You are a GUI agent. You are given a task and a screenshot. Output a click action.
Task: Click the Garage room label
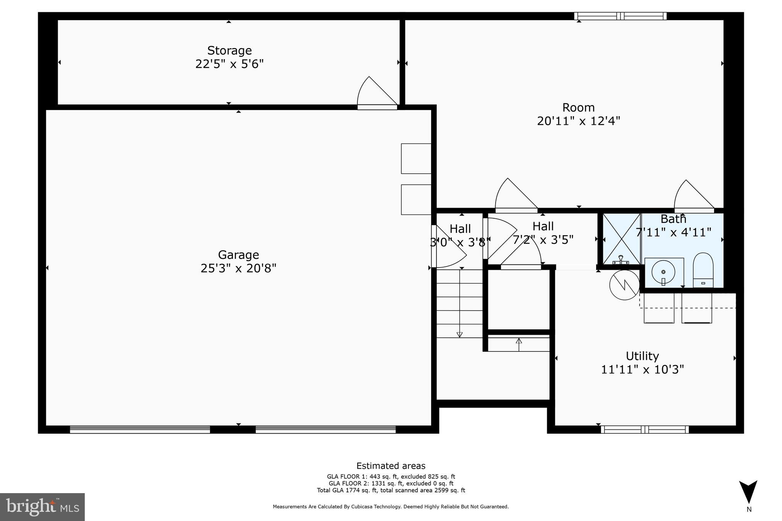pyautogui.click(x=238, y=255)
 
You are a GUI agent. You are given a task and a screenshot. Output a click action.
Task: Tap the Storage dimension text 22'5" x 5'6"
pyautogui.click(x=229, y=64)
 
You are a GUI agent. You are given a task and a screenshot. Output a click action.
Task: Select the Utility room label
pyautogui.click(x=642, y=356)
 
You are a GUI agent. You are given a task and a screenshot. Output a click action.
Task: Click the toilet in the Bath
pyautogui.click(x=703, y=269)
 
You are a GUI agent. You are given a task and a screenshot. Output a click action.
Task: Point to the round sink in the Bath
pyautogui.click(x=663, y=272)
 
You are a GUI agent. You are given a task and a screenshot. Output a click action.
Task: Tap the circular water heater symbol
pyautogui.click(x=624, y=285)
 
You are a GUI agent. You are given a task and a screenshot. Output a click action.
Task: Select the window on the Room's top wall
pyautogui.click(x=620, y=16)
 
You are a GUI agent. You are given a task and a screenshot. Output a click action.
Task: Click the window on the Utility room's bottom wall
pyautogui.click(x=645, y=429)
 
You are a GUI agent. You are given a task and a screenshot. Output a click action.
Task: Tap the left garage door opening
pyautogui.click(x=140, y=429)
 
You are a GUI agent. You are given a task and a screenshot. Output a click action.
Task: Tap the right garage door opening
pyautogui.click(x=325, y=429)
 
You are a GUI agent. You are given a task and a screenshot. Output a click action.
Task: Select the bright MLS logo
pyautogui.click(x=42, y=507)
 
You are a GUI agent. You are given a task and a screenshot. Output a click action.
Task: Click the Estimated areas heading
pyautogui.click(x=391, y=466)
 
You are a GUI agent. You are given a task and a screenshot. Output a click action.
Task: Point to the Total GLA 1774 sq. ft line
pyautogui.click(x=391, y=490)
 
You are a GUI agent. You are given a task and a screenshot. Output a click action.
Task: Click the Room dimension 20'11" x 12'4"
pyautogui.click(x=578, y=121)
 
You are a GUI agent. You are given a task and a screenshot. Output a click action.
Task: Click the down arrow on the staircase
pyautogui.click(x=460, y=334)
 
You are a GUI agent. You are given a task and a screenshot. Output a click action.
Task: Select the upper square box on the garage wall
pyautogui.click(x=416, y=158)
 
